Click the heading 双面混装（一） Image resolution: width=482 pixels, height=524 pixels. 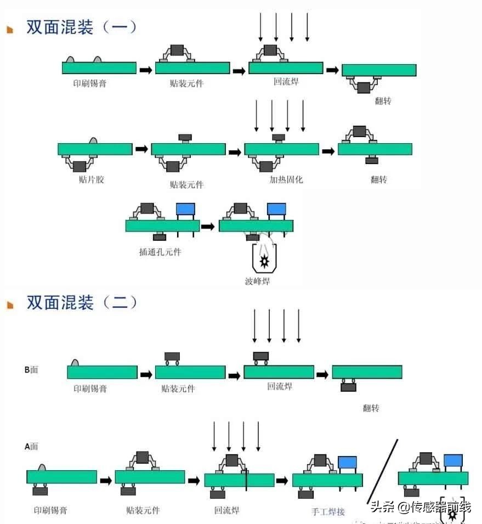click(x=82, y=27)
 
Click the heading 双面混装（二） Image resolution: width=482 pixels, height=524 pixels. click(x=82, y=302)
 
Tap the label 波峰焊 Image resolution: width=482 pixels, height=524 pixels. click(x=258, y=281)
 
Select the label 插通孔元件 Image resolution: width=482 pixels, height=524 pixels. click(x=160, y=252)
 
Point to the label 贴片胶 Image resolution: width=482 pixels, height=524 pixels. click(x=91, y=179)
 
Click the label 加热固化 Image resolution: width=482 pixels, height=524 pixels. click(x=286, y=179)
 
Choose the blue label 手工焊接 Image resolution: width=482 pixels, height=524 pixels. click(x=328, y=511)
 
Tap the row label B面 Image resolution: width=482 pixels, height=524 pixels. click(x=31, y=370)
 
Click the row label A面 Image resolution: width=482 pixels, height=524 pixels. click(x=31, y=446)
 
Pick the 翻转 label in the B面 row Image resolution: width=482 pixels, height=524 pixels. click(x=371, y=408)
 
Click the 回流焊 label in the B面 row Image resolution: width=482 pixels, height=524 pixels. click(x=280, y=386)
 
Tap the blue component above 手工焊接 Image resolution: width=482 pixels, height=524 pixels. click(x=347, y=463)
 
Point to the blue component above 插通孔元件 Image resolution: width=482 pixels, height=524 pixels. click(x=185, y=209)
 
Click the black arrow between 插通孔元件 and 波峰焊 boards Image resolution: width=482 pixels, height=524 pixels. click(x=207, y=226)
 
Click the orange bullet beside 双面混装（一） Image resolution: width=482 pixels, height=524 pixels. click(x=10, y=30)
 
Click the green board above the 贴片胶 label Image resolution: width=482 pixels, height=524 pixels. click(x=95, y=149)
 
